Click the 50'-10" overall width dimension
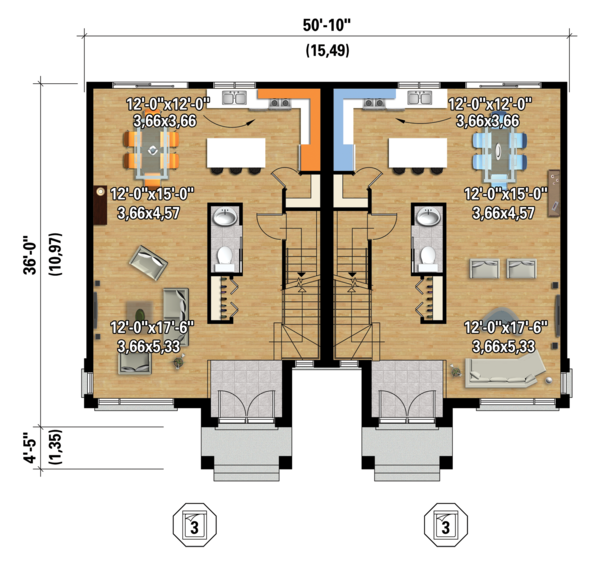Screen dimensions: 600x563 [x=327, y=25]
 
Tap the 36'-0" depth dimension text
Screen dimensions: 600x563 [x=30, y=255]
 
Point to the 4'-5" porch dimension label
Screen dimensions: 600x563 [x=30, y=448]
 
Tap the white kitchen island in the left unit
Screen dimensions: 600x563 [x=236, y=153]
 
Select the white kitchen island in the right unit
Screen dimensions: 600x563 [x=418, y=153]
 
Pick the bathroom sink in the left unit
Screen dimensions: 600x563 [x=225, y=217]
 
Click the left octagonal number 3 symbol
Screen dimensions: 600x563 [x=195, y=525]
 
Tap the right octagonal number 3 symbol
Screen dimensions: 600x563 [x=446, y=525]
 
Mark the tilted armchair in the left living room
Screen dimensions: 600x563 [x=148, y=263]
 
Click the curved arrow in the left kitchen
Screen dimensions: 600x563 [x=229, y=122]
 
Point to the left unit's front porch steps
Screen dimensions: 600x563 [x=247, y=472]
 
